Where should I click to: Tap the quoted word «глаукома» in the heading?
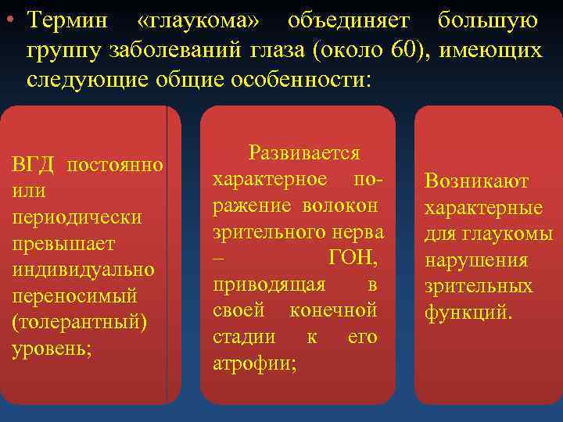click(x=201, y=21)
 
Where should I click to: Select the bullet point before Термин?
click(x=9, y=21)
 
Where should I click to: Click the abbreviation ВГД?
click(x=33, y=166)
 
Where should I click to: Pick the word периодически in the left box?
click(x=77, y=217)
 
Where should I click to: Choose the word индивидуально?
click(x=83, y=270)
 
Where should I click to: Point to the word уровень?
click(x=52, y=349)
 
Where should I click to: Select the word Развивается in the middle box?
click(x=303, y=153)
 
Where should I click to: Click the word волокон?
click(x=342, y=206)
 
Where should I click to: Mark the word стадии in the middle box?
click(x=244, y=338)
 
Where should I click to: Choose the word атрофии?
click(x=254, y=364)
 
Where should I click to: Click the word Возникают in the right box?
click(x=476, y=182)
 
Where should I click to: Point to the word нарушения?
click(x=475, y=261)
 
